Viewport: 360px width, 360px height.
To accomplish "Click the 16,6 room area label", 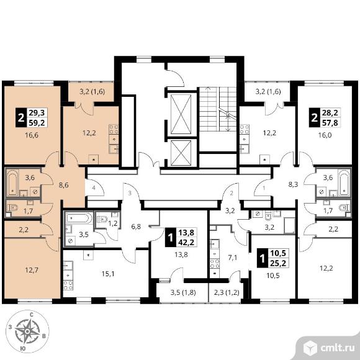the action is click(x=32, y=135).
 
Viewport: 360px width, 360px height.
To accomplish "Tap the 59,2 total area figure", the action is click(x=37, y=122).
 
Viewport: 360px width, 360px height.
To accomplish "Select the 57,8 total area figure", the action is click(x=330, y=122).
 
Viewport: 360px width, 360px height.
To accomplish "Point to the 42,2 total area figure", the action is click(x=186, y=242).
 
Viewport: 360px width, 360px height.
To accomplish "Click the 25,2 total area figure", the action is click(x=278, y=263).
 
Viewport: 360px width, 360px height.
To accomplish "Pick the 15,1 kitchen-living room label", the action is click(x=108, y=274).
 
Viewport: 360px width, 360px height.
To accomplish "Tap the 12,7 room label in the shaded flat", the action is click(x=32, y=270).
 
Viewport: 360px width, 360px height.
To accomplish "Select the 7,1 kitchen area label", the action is click(x=232, y=258).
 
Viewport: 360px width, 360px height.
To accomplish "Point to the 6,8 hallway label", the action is click(x=136, y=227).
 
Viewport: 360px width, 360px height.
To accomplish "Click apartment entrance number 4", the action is click(x=94, y=188).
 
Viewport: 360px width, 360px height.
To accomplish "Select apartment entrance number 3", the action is click(x=130, y=193).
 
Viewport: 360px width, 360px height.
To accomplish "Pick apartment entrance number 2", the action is click(x=232, y=193).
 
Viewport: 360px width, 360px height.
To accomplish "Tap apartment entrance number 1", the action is click(x=264, y=188).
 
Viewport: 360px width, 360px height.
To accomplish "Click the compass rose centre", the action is click(x=27, y=331).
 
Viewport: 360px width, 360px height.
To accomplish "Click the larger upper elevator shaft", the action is click(x=181, y=114).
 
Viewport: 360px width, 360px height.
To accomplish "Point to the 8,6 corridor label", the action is click(x=63, y=185).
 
